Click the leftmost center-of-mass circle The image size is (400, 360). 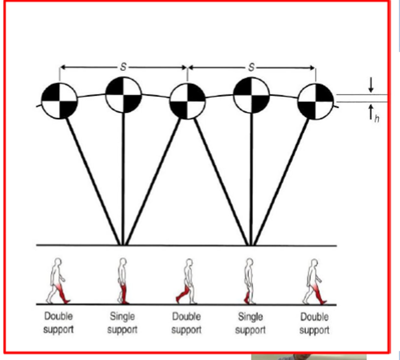pos(59,101)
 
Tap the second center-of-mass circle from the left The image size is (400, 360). pos(123,95)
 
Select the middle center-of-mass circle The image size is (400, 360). pos(187,101)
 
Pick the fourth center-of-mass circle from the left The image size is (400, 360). pos(251,95)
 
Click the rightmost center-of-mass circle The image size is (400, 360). pos(315,101)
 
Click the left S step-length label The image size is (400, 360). pos(123,67)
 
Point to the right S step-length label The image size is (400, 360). pos(251,67)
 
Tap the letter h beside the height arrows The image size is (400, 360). pos(377,118)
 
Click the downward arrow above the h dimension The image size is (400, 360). pos(371,85)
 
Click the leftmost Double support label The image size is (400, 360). pos(58,323)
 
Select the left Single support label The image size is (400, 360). pos(122,323)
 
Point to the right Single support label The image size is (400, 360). pos(250,323)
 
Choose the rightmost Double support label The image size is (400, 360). pos(314,323)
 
